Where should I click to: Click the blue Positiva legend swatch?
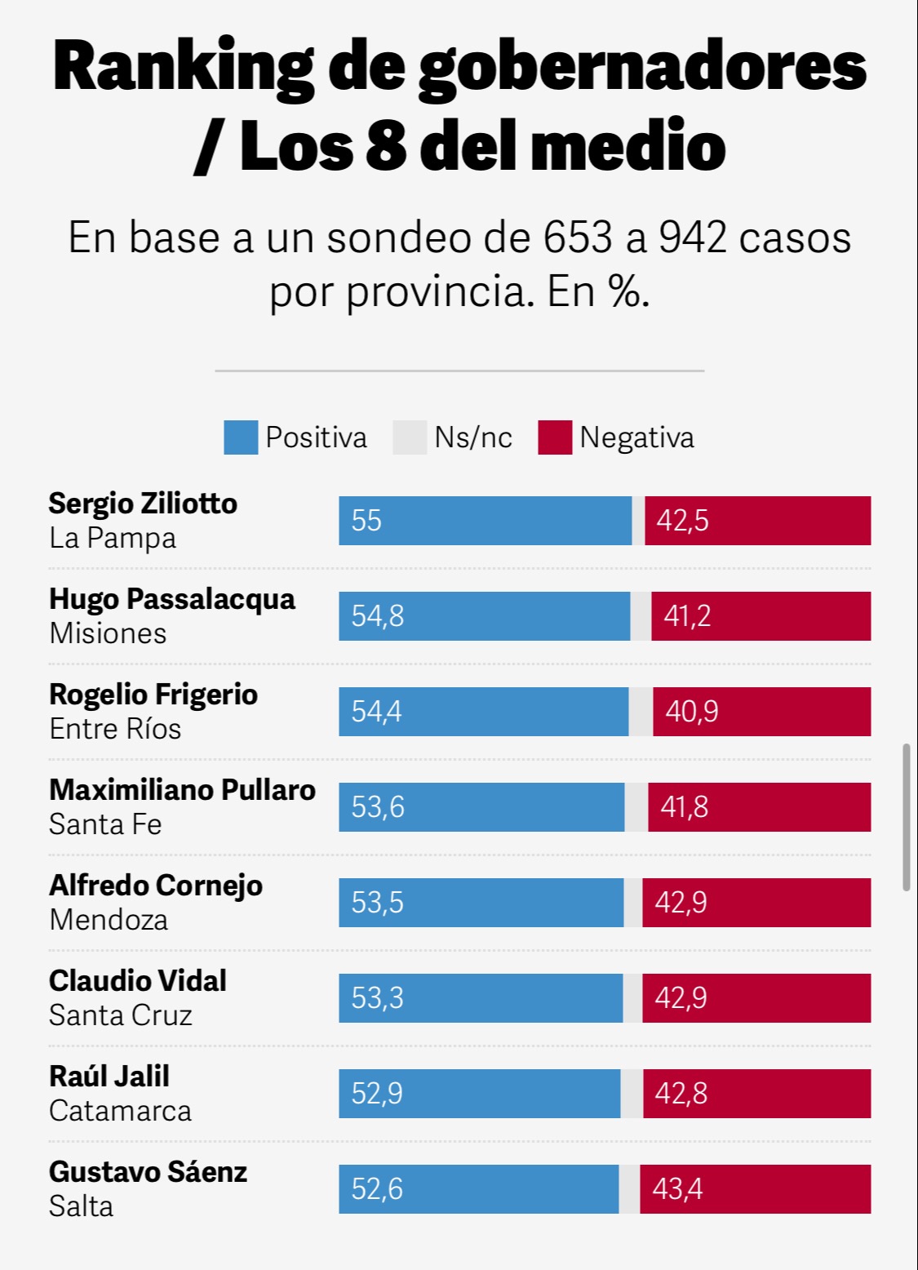(241, 437)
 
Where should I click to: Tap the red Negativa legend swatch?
(555, 437)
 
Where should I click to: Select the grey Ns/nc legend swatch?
(410, 437)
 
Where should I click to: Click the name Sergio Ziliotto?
(143, 504)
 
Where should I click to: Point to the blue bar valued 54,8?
(485, 616)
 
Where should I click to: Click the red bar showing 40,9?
(761, 712)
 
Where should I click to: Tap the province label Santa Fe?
(105, 824)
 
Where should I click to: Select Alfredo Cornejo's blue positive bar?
(481, 903)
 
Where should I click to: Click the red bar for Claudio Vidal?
(756, 998)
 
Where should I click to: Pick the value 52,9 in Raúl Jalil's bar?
(377, 1094)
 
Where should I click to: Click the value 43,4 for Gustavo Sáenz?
(677, 1189)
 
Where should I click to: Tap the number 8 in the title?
(386, 147)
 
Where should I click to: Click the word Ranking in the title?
(184, 67)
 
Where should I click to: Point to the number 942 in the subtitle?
(692, 238)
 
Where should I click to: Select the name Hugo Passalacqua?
(172, 599)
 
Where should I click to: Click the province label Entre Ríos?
(115, 729)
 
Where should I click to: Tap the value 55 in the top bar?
(366, 521)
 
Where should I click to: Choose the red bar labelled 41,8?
(759, 807)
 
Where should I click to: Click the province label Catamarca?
(120, 1111)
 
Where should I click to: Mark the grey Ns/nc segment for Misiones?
(641, 616)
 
